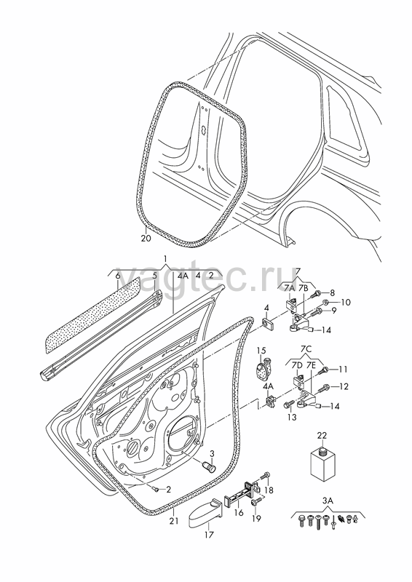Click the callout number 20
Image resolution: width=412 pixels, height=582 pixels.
coord(146,239)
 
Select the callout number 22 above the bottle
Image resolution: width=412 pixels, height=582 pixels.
coord(322,435)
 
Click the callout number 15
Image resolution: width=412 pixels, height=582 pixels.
coord(261,351)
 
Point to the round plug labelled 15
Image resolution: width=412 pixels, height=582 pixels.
coord(263,369)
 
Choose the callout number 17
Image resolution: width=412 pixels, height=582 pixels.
coord(209,535)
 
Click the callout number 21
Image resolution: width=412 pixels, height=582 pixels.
coord(174,521)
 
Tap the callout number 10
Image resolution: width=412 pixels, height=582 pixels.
coord(346,303)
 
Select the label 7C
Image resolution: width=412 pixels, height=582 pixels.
coord(306,350)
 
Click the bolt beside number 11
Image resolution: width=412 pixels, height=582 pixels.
coord(325,370)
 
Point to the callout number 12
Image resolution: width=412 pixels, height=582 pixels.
coord(344,387)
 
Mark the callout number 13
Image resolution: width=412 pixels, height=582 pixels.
coord(292,417)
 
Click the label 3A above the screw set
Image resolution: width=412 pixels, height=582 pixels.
coord(328,501)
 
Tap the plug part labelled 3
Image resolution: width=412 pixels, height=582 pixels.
coord(209,466)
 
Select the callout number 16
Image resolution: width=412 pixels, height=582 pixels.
coord(239,513)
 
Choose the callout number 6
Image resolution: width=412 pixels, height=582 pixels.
coord(118,276)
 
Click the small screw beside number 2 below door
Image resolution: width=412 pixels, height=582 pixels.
coord(157,489)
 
